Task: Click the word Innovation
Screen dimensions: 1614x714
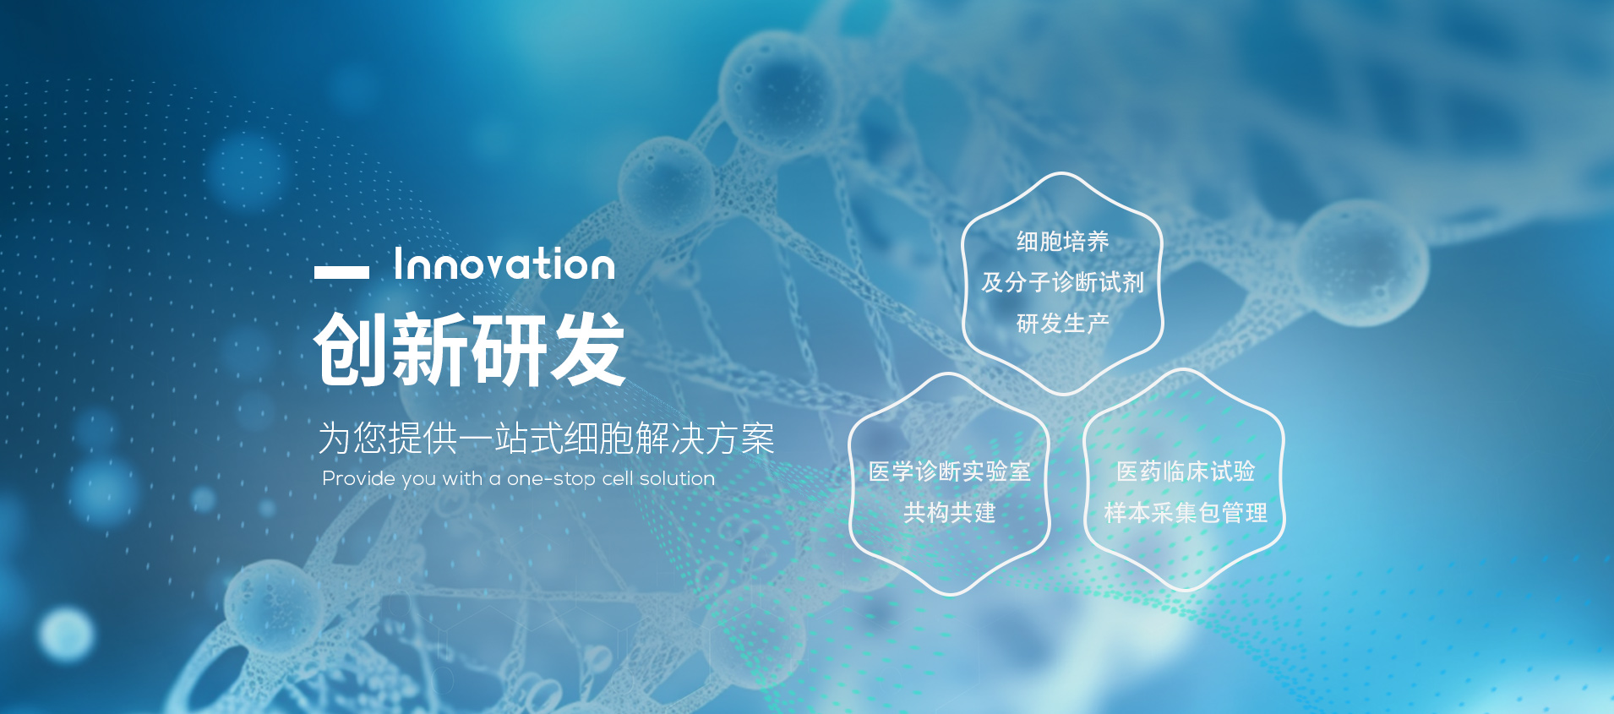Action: (504, 264)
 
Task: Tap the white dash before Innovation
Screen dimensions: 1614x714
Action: (341, 272)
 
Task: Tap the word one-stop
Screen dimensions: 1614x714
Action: (551, 479)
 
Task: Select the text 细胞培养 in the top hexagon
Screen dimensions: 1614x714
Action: (1062, 242)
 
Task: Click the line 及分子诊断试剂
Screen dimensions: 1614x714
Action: (1062, 282)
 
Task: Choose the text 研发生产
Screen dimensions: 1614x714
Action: (1062, 323)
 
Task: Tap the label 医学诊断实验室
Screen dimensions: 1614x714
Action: (950, 471)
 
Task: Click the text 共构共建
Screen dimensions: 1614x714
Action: (950, 512)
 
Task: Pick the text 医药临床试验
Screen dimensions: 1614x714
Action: (1186, 471)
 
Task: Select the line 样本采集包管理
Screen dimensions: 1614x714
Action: (1186, 512)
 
